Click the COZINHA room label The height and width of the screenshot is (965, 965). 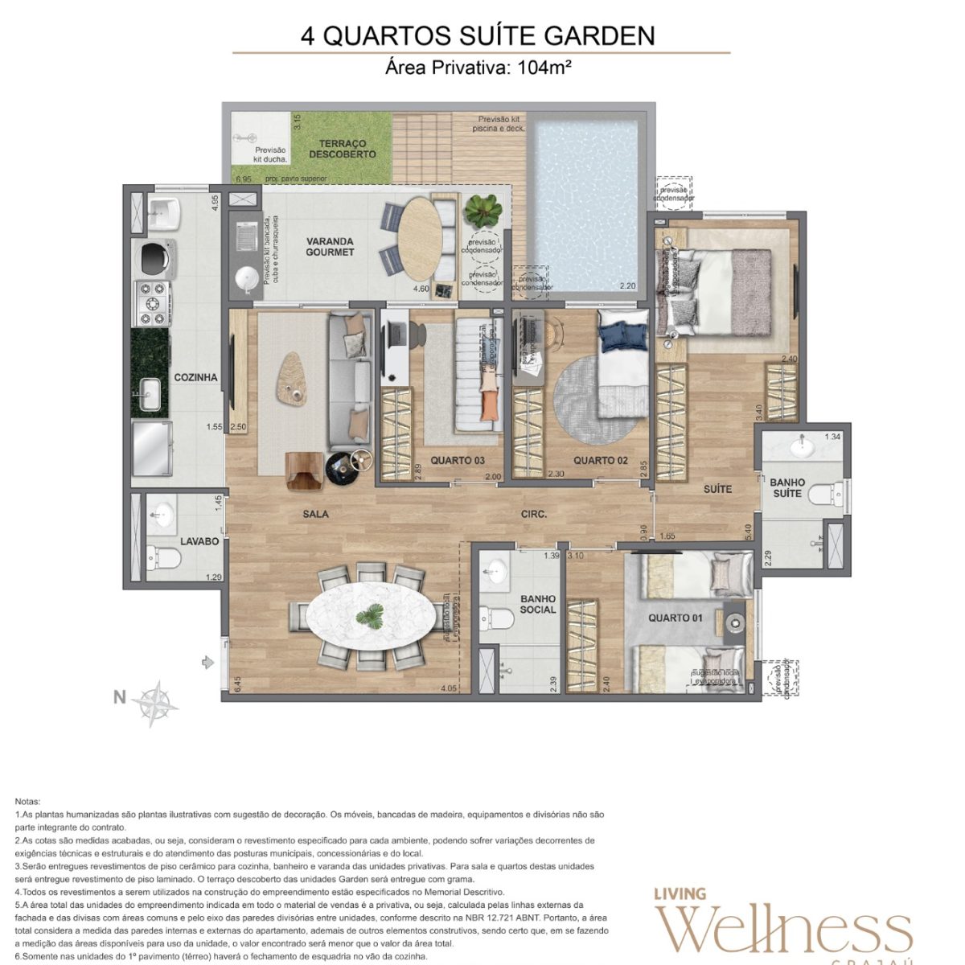tap(195, 377)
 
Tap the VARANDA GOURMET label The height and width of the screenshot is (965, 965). tap(330, 247)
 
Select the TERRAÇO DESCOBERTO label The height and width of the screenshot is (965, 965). tap(343, 149)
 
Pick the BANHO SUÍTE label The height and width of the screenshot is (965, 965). tap(787, 487)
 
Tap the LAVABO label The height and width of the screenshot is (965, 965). tap(199, 542)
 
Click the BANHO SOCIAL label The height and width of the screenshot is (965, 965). tap(538, 604)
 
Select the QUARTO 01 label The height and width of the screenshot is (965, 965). tap(675, 618)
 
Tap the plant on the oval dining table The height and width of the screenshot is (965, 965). tap(371, 617)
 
